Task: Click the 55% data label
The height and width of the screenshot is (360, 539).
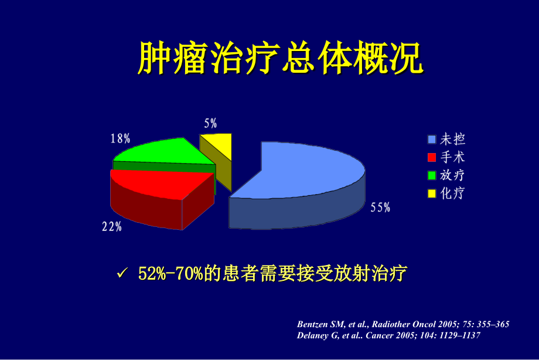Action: tap(380, 208)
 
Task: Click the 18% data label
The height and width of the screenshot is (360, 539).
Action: tap(120, 139)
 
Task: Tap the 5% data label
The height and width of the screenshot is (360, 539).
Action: tap(210, 123)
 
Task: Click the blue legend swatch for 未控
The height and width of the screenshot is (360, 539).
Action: tap(432, 140)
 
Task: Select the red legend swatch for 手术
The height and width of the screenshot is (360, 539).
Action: tap(432, 157)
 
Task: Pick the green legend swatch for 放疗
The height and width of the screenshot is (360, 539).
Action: tap(432, 175)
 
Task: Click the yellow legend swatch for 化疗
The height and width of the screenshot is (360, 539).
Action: tap(432, 193)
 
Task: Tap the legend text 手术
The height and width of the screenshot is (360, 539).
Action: tap(452, 157)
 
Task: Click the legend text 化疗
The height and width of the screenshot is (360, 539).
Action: tap(452, 193)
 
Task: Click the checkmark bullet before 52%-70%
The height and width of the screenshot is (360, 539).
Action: tap(122, 273)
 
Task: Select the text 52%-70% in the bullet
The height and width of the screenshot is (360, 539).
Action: tap(170, 274)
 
